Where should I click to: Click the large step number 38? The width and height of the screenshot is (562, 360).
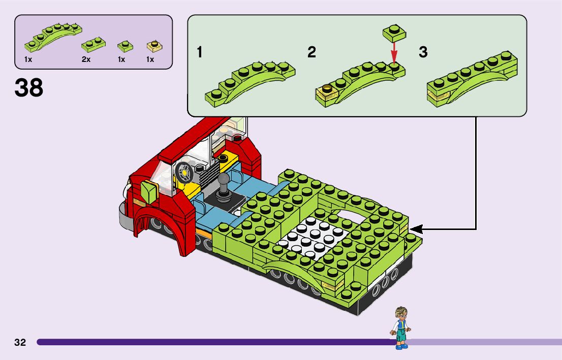coord(29,87)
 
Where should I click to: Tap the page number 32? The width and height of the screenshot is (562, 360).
coord(20,342)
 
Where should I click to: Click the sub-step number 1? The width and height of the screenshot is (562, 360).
coord(201,52)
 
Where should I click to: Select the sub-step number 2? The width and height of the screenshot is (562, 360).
coord(311,52)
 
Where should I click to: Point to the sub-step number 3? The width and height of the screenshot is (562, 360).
coord(423,52)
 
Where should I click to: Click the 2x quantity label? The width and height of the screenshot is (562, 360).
coord(86,59)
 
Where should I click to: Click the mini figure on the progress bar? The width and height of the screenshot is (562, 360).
coord(401,328)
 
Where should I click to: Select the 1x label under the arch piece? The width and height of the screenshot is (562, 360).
coord(28,59)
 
